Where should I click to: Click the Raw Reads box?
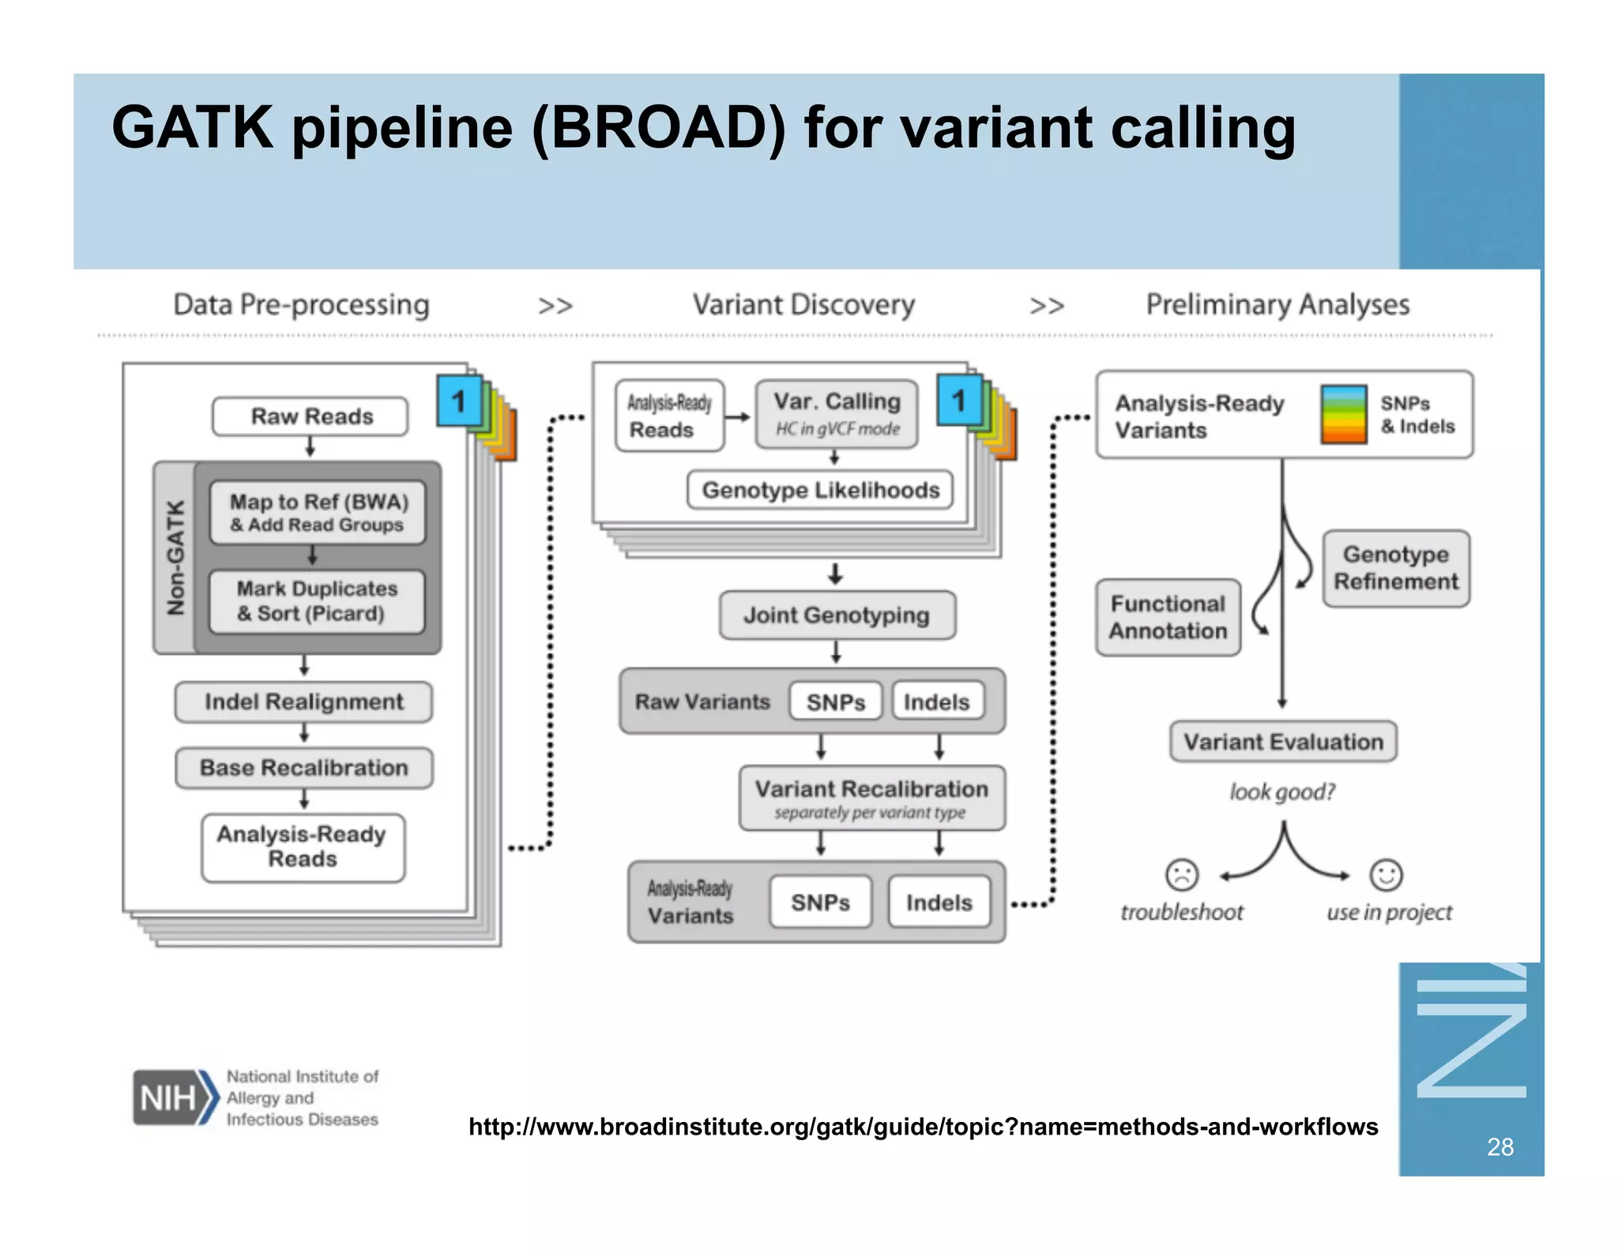pyautogui.click(x=310, y=416)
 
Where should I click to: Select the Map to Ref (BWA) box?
pyautogui.click(x=318, y=513)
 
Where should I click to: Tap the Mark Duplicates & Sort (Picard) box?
pyautogui.click(x=316, y=601)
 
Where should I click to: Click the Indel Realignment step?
pyautogui.click(x=303, y=702)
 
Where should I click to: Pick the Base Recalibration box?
pyautogui.click(x=303, y=768)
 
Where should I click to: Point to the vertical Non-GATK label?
pyautogui.click(x=175, y=558)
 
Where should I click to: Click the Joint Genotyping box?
pyautogui.click(x=837, y=616)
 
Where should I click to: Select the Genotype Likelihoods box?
pyautogui.click(x=820, y=491)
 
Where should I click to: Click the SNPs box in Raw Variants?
pyautogui.click(x=835, y=702)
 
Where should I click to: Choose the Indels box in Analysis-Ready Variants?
pyautogui.click(x=939, y=902)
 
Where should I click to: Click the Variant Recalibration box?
pyautogui.click(x=871, y=798)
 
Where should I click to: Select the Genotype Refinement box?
pyautogui.click(x=1396, y=568)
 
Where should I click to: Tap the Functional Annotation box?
pyautogui.click(x=1168, y=617)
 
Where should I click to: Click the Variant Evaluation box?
pyautogui.click(x=1283, y=742)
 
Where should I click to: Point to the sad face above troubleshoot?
pyautogui.click(x=1182, y=875)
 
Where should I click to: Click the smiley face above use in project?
pyautogui.click(x=1386, y=875)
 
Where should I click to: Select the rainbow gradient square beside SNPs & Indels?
pyautogui.click(x=1343, y=414)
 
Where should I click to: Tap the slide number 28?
pyautogui.click(x=1499, y=1146)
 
